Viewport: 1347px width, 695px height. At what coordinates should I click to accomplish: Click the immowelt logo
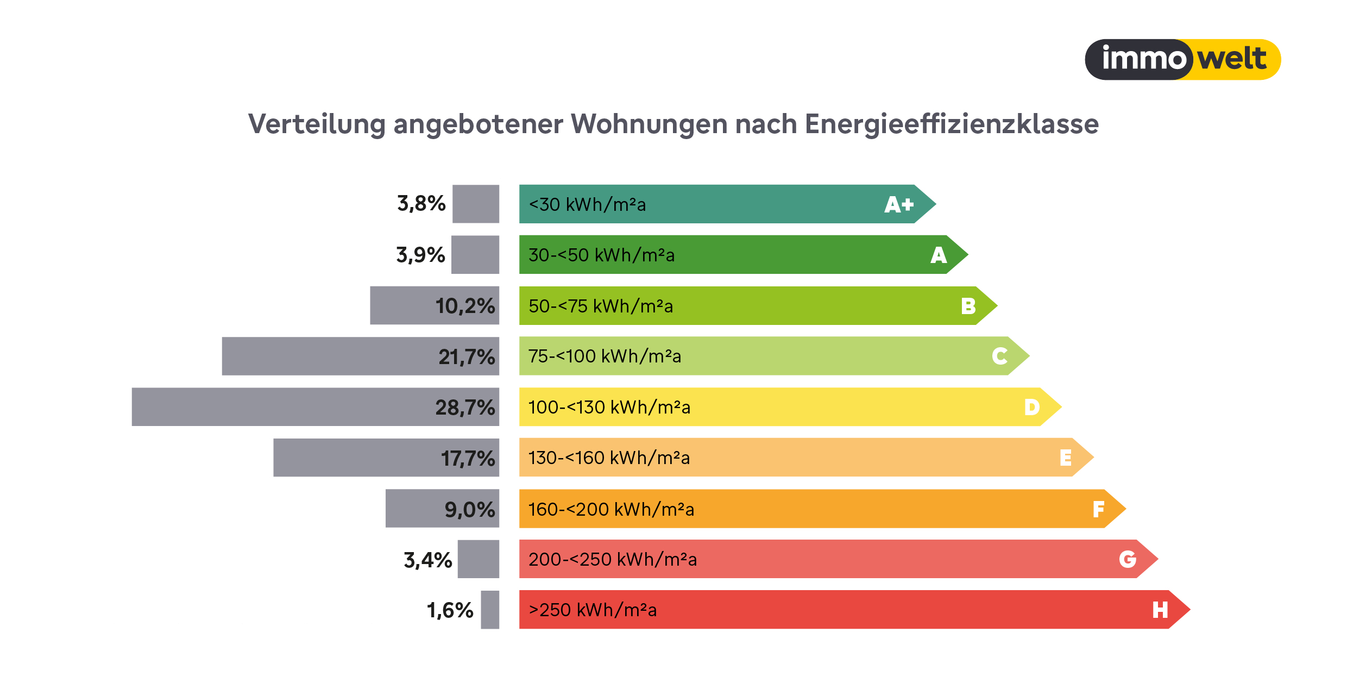[1182, 59]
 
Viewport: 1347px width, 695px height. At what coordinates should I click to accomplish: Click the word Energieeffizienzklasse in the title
[952, 124]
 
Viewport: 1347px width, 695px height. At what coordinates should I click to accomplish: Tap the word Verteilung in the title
[317, 124]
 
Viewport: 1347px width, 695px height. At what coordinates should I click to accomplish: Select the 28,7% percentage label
[465, 408]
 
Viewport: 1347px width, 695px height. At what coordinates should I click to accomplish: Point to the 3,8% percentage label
[421, 204]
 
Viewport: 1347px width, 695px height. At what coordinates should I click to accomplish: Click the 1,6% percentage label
[450, 610]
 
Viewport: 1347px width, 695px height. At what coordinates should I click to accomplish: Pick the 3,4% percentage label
[427, 560]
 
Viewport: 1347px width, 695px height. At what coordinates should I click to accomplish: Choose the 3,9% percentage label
[420, 255]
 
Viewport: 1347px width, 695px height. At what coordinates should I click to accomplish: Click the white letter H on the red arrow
[1160, 610]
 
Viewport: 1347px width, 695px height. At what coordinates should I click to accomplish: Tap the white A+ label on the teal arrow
[899, 205]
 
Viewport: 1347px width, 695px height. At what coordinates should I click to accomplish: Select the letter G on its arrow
[1128, 559]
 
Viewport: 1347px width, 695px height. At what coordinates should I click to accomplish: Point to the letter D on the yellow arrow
[1032, 407]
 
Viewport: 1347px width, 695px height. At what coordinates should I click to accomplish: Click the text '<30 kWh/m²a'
[587, 205]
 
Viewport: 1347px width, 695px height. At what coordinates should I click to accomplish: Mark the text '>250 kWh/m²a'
[593, 610]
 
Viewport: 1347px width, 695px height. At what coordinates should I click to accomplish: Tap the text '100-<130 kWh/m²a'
[609, 408]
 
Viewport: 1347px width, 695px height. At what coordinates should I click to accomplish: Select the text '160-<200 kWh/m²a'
[611, 509]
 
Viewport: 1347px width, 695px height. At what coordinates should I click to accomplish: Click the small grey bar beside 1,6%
[490, 610]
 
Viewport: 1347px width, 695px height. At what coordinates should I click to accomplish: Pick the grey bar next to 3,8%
[476, 204]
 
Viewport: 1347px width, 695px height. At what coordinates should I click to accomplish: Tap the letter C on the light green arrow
[999, 356]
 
